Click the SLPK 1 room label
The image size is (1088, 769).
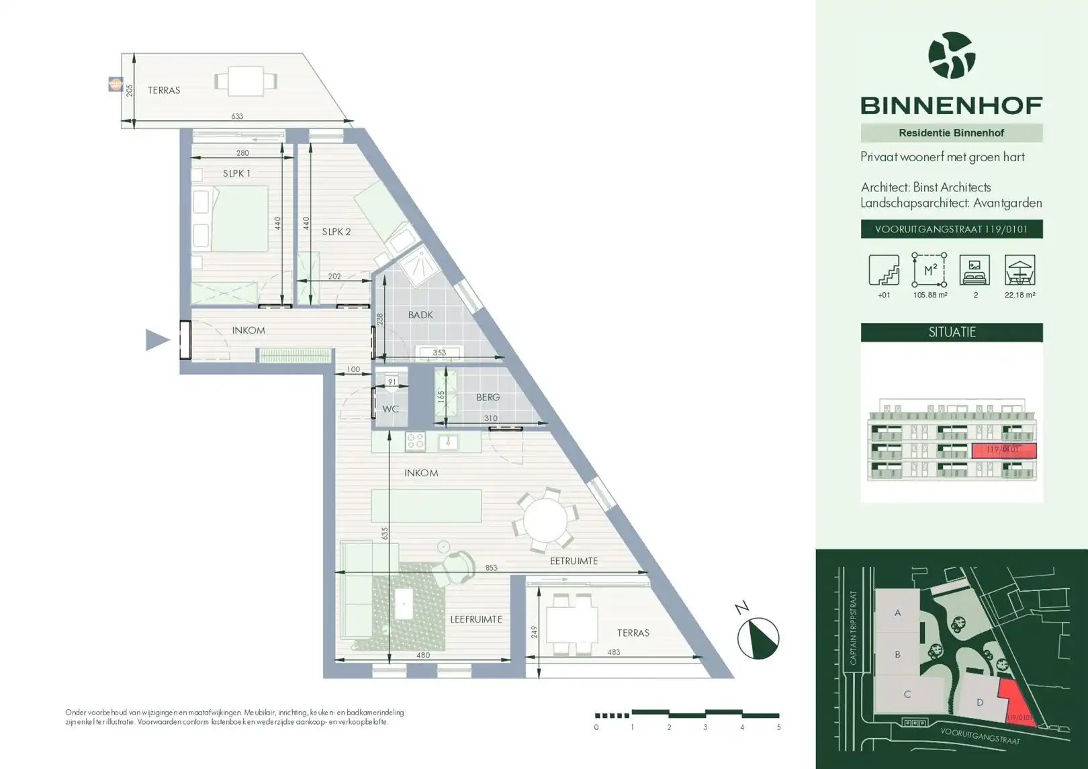pos(236,173)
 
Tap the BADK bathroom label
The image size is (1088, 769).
pos(420,314)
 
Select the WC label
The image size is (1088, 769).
pos(390,408)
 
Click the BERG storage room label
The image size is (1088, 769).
pos(488,398)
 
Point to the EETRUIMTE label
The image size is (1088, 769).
pos(574,561)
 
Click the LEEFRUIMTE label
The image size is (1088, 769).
pos(476,619)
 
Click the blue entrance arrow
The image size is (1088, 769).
pos(157,340)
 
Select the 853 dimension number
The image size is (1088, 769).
pos(491,568)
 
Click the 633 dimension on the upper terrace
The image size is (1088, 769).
pos(237,116)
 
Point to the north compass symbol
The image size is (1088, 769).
pos(758,637)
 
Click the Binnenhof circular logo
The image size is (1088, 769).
pos(951,56)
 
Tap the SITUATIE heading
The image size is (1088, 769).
pos(952,332)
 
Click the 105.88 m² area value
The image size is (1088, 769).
pos(930,295)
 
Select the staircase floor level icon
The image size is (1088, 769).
pos(884,270)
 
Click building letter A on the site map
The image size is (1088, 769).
pos(897,613)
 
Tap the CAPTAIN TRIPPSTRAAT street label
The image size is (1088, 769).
pos(854,628)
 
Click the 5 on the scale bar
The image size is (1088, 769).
pos(778,727)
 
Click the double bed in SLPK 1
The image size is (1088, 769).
pos(232,219)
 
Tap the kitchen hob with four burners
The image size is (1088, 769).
pos(415,441)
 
